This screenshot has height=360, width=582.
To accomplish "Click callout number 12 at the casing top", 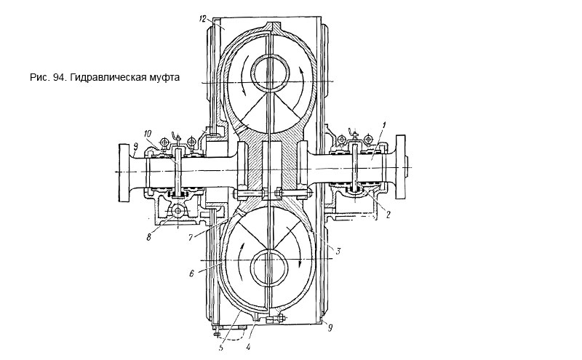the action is click(202, 20).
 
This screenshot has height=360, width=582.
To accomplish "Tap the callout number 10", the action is click(148, 134).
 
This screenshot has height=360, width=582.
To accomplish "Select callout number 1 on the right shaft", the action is click(385, 125).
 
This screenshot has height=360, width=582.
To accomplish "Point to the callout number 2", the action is click(388, 215).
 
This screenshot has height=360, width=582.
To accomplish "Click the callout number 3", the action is click(338, 250).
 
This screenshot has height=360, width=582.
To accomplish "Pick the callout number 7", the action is click(191, 237).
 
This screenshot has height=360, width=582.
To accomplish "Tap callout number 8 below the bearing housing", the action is click(148, 237).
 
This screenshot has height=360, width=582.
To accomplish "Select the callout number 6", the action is click(191, 273).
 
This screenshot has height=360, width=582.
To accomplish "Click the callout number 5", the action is click(221, 348).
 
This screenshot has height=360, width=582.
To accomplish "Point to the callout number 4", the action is click(248, 348).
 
